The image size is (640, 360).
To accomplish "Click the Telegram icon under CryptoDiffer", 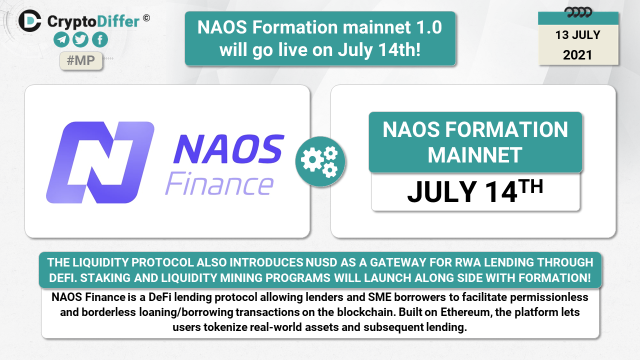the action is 61,39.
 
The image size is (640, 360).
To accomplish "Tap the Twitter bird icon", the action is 80,39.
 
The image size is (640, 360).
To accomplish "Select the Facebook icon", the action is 100,39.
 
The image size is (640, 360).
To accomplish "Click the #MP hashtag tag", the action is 81,60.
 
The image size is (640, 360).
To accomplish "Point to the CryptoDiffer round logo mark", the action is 30,21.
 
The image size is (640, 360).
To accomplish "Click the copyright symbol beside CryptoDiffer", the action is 146,18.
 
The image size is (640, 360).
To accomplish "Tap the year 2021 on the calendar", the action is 577,55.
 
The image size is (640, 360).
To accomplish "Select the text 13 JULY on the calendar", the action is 577,35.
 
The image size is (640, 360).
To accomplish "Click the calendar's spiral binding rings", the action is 578,12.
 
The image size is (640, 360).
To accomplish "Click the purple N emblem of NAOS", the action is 100,162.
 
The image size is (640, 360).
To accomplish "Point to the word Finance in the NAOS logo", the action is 219,183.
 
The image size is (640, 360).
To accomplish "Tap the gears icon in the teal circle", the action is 320,161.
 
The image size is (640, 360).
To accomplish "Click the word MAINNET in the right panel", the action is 475,155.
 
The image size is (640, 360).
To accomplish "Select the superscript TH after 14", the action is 530,186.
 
